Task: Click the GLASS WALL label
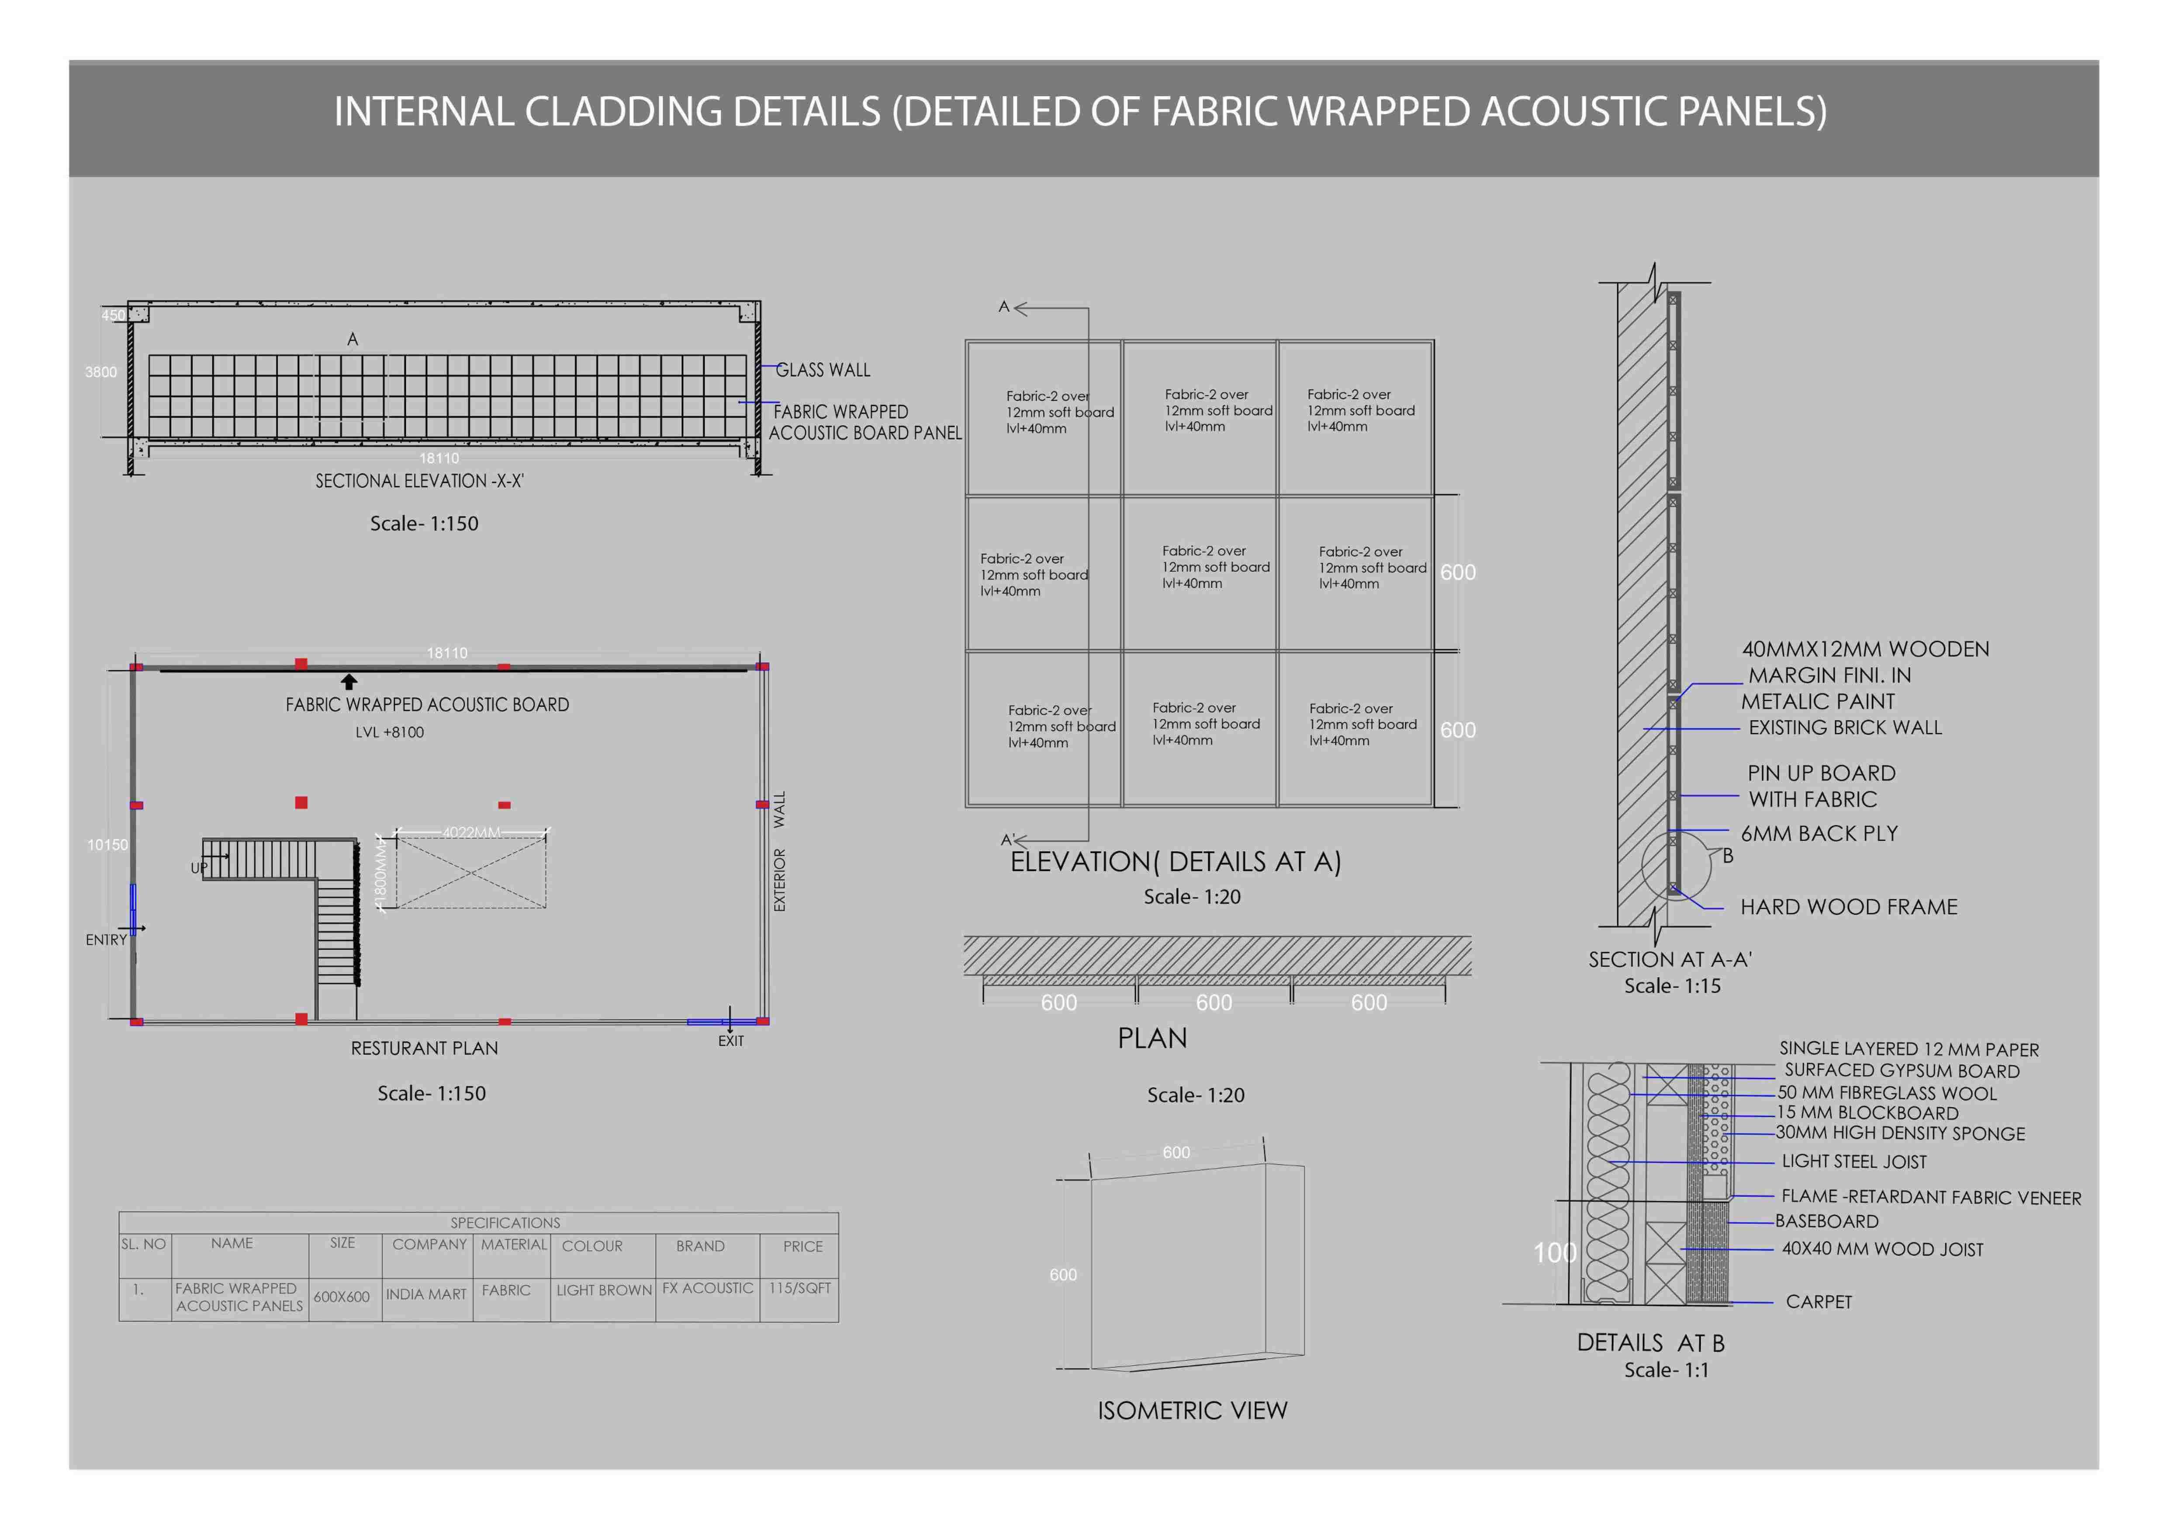823,370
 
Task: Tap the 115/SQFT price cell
800,1288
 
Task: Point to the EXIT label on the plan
731,1041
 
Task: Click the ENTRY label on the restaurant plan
106,940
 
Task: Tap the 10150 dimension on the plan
107,844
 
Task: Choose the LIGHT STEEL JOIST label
1853,1162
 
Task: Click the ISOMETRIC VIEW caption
1192,1411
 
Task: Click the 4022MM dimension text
471,832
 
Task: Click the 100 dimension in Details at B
1554,1253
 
